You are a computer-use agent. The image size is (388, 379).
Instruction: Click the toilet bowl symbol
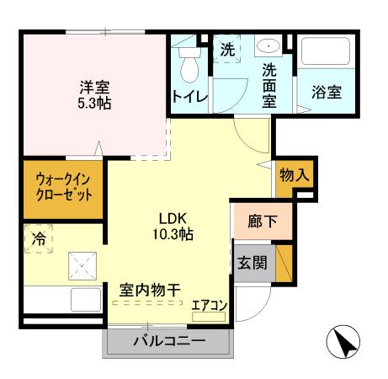[190, 65]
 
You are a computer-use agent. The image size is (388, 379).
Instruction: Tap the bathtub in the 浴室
[326, 51]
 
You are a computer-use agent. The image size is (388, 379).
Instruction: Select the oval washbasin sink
[268, 45]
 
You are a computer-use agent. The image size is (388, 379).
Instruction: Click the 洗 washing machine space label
[227, 50]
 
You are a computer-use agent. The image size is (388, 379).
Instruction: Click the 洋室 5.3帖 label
[94, 95]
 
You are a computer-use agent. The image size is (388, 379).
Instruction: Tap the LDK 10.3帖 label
[173, 227]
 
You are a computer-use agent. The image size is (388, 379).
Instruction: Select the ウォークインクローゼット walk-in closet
[63, 189]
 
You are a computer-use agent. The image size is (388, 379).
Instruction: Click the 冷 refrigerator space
[39, 238]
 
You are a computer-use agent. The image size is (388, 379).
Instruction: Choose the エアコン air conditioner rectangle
[209, 317]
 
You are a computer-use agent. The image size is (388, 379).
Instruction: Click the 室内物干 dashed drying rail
[147, 303]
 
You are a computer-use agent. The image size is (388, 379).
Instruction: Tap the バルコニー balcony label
[169, 341]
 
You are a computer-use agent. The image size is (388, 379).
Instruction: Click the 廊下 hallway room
[263, 222]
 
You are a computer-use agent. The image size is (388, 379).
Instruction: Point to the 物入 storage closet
[294, 178]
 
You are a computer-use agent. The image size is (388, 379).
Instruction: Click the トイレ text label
[190, 97]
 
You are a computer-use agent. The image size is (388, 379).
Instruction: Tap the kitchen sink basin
[86, 300]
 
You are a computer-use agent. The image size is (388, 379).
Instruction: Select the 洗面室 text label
[269, 86]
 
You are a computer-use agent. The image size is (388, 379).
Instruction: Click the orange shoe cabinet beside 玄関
[284, 264]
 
